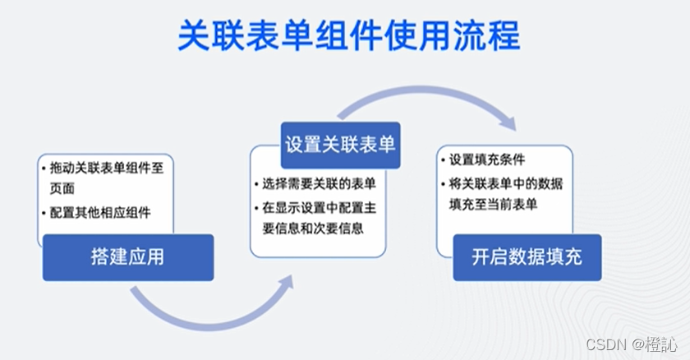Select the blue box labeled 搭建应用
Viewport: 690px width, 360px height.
pyautogui.click(x=127, y=256)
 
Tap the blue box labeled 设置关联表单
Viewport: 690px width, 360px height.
pyautogui.click(x=340, y=145)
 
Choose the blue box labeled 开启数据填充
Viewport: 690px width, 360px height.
pyautogui.click(x=527, y=256)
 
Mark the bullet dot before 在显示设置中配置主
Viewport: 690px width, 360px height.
pyautogui.click(x=256, y=206)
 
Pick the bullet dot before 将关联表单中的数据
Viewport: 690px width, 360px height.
pyautogui.click(x=444, y=182)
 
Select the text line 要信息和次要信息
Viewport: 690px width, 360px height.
pyautogui.click(x=313, y=228)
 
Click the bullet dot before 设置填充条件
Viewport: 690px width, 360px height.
pyautogui.click(x=444, y=160)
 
